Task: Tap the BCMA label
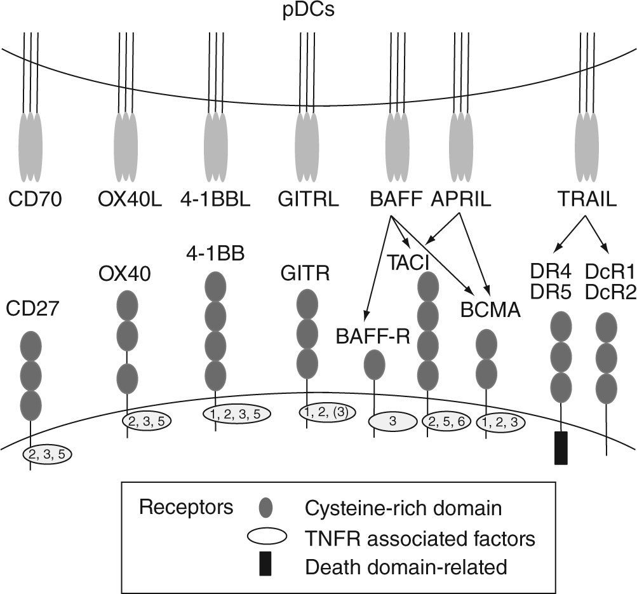(x=492, y=311)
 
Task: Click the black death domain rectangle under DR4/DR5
(x=561, y=447)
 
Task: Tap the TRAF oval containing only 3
(x=392, y=421)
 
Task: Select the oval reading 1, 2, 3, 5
(x=236, y=414)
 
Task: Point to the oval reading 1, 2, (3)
(x=326, y=412)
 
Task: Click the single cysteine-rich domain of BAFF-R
(x=374, y=366)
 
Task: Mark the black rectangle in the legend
(x=265, y=565)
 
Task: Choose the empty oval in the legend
(x=264, y=537)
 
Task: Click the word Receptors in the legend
(x=186, y=508)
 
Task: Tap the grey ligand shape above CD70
(x=31, y=147)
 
